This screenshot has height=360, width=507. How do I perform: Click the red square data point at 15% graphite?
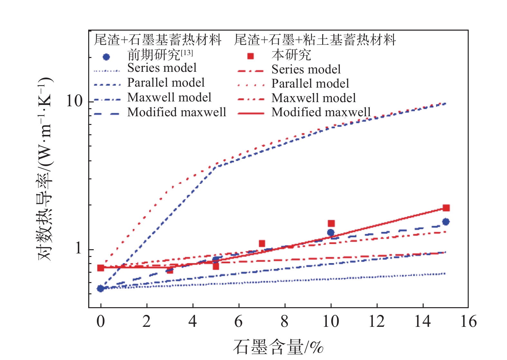(x=446, y=208)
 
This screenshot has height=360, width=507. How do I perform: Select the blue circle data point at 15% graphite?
(x=446, y=222)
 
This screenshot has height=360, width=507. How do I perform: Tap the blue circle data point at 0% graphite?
(x=100, y=289)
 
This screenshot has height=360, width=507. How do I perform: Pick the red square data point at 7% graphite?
(x=262, y=243)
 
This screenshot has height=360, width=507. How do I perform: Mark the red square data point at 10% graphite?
(x=331, y=223)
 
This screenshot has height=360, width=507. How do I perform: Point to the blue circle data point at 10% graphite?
(x=331, y=232)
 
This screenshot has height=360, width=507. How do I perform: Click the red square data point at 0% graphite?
(x=101, y=268)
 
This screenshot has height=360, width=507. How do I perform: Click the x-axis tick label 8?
(x=285, y=322)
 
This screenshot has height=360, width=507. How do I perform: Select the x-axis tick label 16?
(x=468, y=322)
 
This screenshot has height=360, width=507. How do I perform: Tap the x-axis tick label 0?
(x=101, y=322)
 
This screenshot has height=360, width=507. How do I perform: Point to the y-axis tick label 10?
(x=74, y=101)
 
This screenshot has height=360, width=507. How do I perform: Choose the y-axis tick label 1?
(x=78, y=249)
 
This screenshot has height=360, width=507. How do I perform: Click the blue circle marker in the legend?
(x=106, y=57)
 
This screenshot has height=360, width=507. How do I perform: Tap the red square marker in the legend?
(x=250, y=56)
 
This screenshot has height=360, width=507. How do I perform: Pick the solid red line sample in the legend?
(x=251, y=113)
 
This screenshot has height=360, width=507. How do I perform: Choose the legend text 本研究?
(x=291, y=55)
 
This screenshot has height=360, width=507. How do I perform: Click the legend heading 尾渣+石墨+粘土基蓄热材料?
(x=315, y=40)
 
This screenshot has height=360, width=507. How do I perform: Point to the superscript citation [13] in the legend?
(x=187, y=53)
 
